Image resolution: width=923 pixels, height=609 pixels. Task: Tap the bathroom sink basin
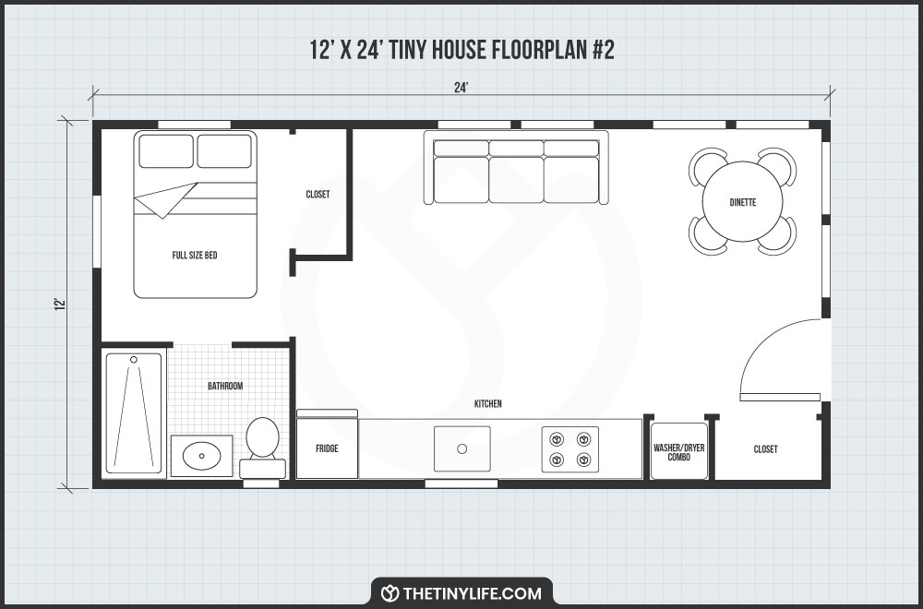201,455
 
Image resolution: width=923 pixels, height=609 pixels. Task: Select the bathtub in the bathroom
134,412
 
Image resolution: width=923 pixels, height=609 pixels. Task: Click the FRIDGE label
326,448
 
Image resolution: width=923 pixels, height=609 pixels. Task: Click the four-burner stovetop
569,448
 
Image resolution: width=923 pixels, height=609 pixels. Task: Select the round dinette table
742,202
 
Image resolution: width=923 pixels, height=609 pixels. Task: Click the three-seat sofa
516,168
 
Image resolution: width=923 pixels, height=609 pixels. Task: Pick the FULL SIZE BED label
195,255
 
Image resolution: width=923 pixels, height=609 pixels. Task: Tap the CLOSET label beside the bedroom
318,195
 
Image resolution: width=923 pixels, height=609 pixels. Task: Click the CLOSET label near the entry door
765,449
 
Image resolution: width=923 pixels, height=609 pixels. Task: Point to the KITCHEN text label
487,404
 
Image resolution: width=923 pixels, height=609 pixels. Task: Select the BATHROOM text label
225,386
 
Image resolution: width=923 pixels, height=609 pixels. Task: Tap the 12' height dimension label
59,304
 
